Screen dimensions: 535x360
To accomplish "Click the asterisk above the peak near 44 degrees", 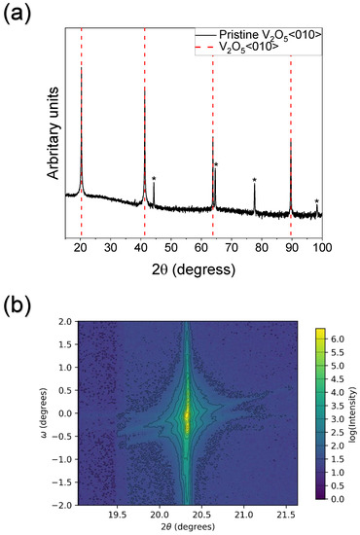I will [x=154, y=179].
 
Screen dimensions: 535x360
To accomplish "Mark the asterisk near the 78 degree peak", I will [x=255, y=181].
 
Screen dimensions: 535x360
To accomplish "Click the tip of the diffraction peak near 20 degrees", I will [x=82, y=66].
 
